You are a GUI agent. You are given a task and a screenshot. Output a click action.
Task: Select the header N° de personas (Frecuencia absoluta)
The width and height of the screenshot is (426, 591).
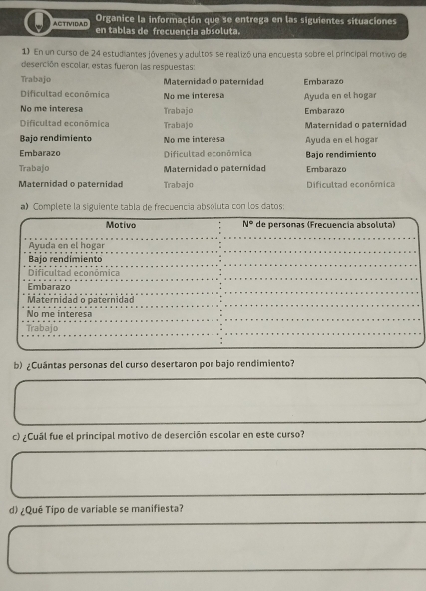tap(317, 226)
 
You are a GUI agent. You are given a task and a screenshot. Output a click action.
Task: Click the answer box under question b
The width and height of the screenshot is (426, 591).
tap(214, 401)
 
